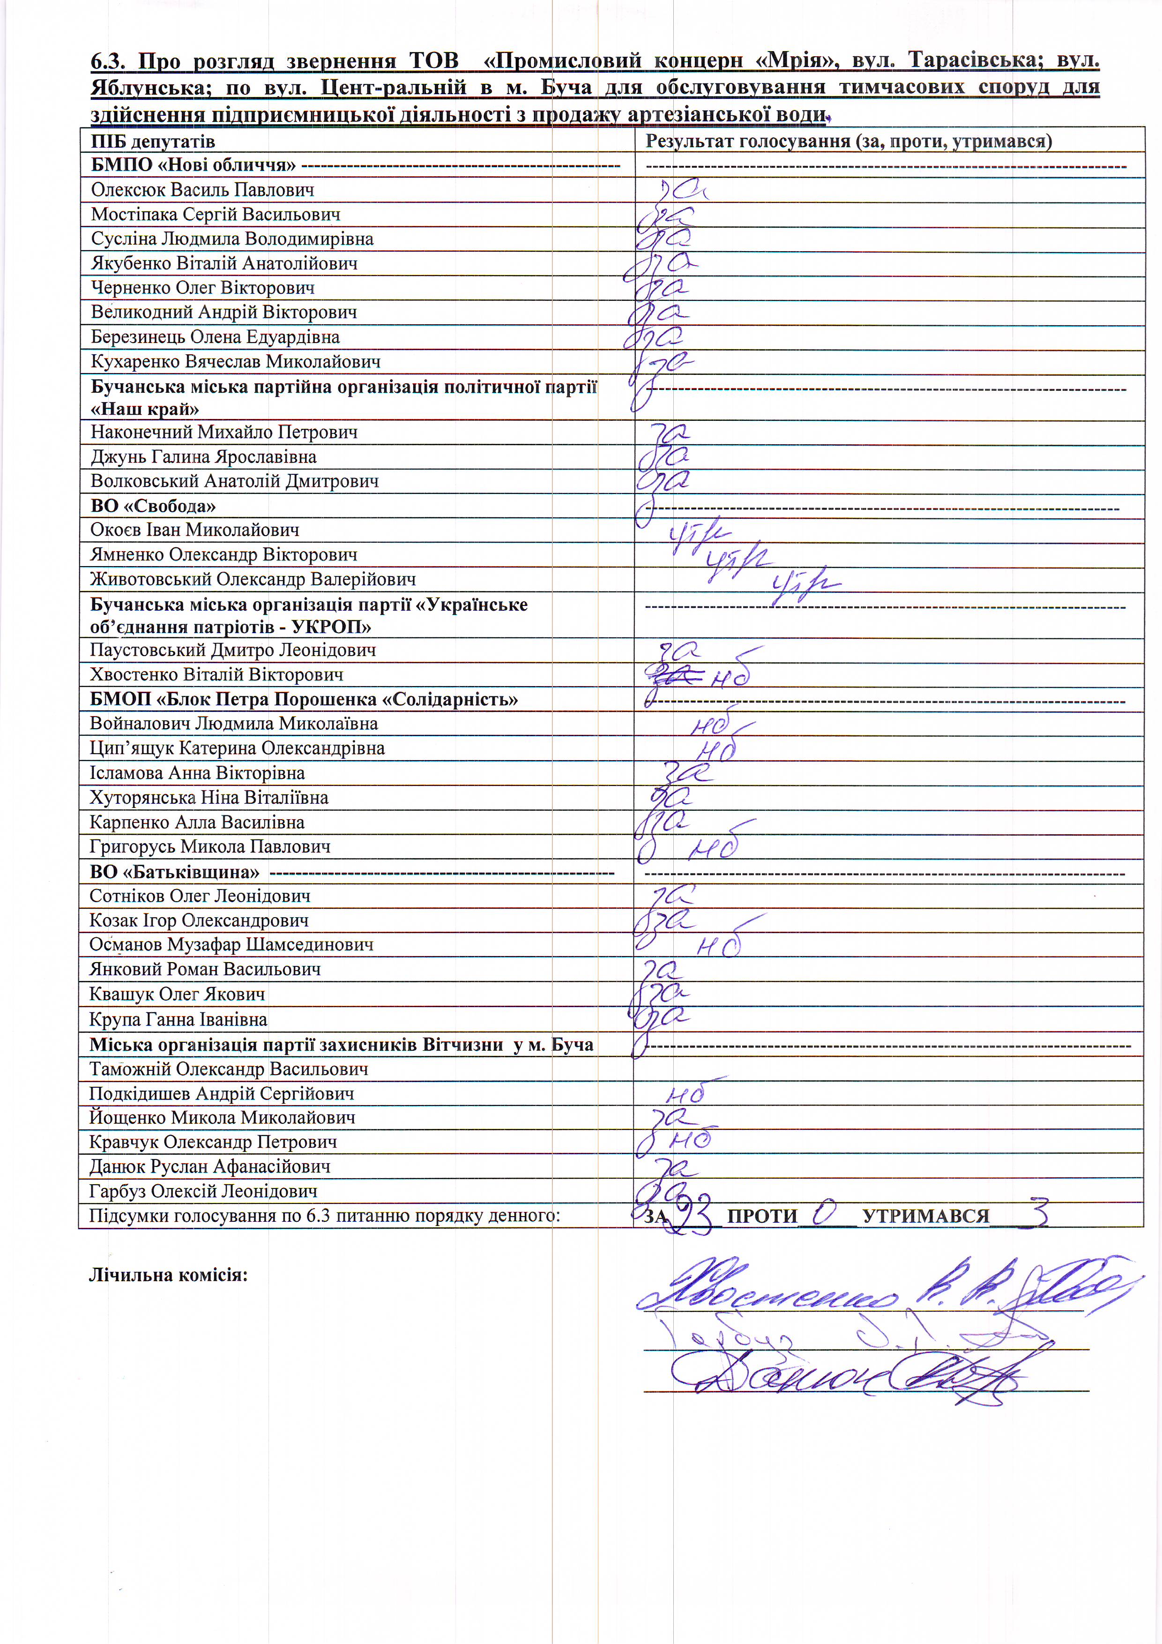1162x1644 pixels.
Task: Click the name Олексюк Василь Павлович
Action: tap(202, 190)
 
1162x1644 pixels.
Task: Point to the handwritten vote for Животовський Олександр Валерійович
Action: tap(805, 582)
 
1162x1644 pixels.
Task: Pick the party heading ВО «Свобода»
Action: tap(152, 506)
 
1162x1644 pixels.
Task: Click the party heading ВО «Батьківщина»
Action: tap(174, 872)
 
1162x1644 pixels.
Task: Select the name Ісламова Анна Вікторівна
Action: tap(197, 773)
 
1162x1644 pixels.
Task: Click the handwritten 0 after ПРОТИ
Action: tap(825, 1212)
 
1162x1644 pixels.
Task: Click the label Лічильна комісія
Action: tap(168, 1275)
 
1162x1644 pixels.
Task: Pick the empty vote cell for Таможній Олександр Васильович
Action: tap(888, 1069)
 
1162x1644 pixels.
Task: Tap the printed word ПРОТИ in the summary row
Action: tap(762, 1216)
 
